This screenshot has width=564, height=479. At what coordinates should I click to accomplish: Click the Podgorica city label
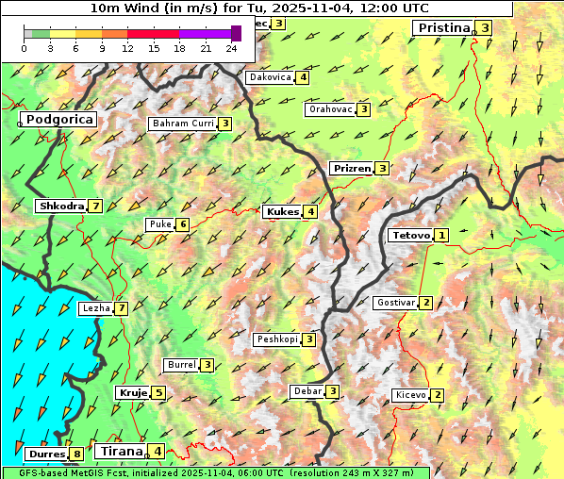pos(58,120)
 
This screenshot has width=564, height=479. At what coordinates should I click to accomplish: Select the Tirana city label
pos(120,452)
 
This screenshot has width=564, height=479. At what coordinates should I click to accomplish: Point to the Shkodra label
pos(60,206)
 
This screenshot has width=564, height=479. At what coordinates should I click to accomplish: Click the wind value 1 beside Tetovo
pos(441,235)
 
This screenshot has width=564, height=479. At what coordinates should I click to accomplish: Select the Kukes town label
pos(282,212)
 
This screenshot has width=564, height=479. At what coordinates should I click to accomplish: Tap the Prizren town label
pos(351,169)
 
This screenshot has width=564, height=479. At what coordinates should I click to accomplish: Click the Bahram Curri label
pos(182,124)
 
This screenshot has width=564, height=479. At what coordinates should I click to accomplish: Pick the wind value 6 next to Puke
pos(182,224)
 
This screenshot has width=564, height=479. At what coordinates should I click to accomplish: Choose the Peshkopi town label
pos(276,339)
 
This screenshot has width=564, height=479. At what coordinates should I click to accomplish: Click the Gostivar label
pos(394,303)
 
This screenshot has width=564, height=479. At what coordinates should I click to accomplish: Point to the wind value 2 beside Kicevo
pos(438,395)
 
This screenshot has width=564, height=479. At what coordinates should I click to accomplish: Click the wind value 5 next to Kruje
pos(159,393)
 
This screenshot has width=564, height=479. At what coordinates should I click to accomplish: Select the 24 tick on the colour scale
pos(231,47)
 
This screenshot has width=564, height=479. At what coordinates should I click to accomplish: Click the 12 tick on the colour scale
pos(127,47)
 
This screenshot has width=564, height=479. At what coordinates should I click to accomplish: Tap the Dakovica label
pos(269,77)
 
